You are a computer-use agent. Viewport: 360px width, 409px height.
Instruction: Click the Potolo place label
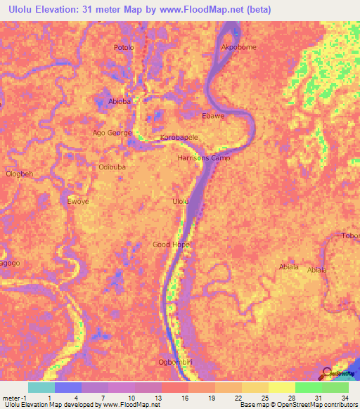[x=124, y=48]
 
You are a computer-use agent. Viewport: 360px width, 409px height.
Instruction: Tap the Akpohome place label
[x=238, y=48]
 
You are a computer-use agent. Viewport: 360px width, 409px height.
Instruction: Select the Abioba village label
[x=120, y=102]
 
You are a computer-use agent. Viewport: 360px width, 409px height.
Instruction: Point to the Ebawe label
[x=213, y=116]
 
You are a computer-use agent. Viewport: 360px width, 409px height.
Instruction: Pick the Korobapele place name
[x=179, y=138]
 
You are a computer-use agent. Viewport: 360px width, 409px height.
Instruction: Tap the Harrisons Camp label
[x=203, y=158]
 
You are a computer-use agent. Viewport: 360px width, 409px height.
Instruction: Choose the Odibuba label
[x=112, y=167]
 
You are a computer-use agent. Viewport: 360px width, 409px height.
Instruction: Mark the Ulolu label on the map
[x=181, y=202]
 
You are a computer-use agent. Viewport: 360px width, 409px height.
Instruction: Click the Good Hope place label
[x=171, y=245]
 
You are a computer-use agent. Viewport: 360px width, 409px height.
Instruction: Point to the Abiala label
[x=289, y=266]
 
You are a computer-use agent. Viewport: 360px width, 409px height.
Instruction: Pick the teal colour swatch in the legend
[x=41, y=387]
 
